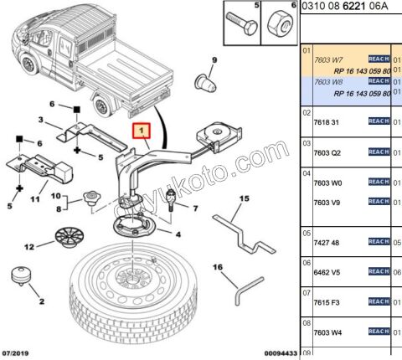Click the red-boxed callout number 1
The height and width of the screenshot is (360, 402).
click(x=142, y=131)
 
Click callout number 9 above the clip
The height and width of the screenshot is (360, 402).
click(x=214, y=59)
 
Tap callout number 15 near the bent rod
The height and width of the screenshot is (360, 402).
click(x=245, y=198)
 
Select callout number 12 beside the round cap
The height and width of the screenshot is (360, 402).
click(x=29, y=247)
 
